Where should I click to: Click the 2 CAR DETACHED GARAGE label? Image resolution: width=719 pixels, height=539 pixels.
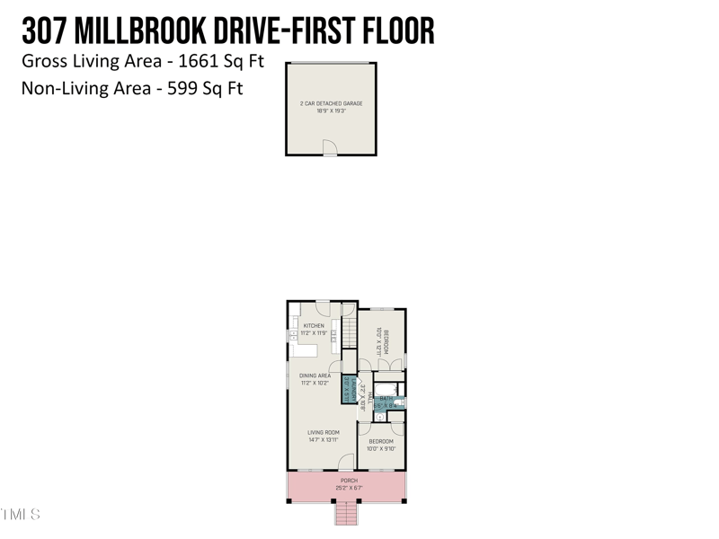point(331,103)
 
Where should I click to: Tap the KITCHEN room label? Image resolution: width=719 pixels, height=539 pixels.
point(314,325)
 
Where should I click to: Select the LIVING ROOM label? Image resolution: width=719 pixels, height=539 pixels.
point(323,432)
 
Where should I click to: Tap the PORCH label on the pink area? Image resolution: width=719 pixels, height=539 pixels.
point(349,481)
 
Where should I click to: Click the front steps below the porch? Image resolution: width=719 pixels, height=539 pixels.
point(347,514)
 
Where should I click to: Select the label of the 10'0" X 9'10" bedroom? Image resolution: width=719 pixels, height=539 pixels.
point(381,441)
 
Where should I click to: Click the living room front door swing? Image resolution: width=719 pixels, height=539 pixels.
point(346,462)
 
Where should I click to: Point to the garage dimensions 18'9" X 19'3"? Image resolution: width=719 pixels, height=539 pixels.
point(331,110)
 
